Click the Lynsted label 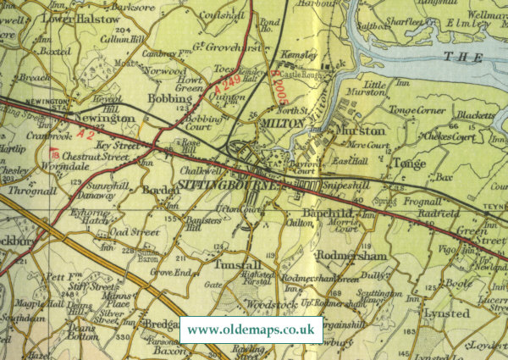pos(446,313)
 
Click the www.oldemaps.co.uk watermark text pos(251,330)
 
